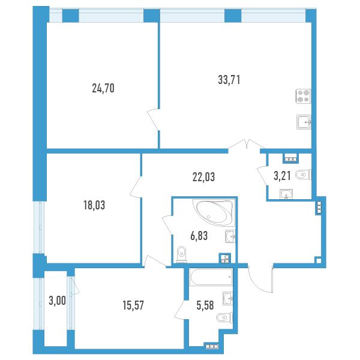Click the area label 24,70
tap(103, 88)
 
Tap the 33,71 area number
tap(229, 80)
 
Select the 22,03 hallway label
tap(203, 177)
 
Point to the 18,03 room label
tap(94, 205)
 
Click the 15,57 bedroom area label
tap(133, 305)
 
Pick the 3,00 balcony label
tap(58, 301)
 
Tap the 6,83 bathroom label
tap(199, 236)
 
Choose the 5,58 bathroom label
tap(205, 305)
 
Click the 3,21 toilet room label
tap(283, 176)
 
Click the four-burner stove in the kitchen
tap(303, 96)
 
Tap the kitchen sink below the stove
tap(304, 122)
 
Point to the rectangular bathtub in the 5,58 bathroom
tap(211, 277)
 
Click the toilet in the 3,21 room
tap(304, 175)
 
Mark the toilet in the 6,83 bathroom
tap(182, 254)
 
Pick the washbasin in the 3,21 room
tap(286, 194)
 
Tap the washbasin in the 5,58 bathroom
tap(228, 298)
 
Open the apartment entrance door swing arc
tap(257, 284)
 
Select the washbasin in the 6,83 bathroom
tap(230, 236)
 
